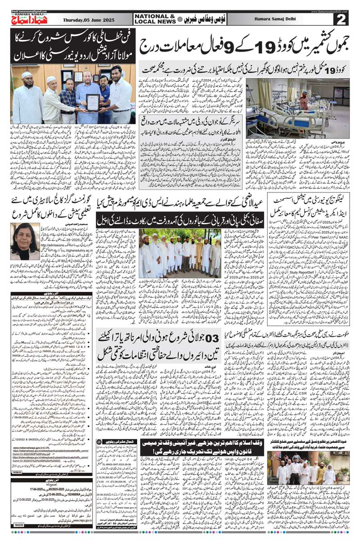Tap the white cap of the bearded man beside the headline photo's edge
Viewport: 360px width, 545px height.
pos(27,75)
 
